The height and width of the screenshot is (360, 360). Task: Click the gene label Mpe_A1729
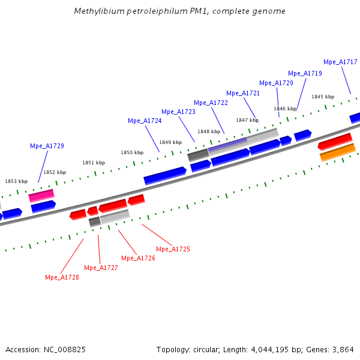pyautogui.click(x=47, y=146)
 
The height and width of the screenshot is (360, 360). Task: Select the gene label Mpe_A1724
pyautogui.click(x=145, y=121)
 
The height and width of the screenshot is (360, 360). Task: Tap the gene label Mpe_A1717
pyautogui.click(x=340, y=62)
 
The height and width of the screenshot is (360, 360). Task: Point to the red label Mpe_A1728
pyautogui.click(x=62, y=277)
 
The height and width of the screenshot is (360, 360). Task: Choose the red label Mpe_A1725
pyautogui.click(x=173, y=249)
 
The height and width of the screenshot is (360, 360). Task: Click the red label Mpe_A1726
pyautogui.click(x=138, y=258)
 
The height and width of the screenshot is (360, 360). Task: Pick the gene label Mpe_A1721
pyautogui.click(x=243, y=93)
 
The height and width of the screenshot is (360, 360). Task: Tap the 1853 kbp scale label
pyautogui.click(x=16, y=181)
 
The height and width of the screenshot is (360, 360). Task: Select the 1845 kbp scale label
pyautogui.click(x=322, y=97)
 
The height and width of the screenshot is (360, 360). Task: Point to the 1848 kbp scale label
pyautogui.click(x=209, y=131)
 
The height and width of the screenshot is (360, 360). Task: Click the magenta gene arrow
pyautogui.click(x=41, y=196)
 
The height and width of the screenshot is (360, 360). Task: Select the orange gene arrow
pyautogui.click(x=338, y=152)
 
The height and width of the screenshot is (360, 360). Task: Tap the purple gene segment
pyautogui.click(x=227, y=145)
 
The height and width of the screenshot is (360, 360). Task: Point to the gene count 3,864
pyautogui.click(x=343, y=349)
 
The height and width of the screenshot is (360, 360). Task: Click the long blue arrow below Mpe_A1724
pyautogui.click(x=165, y=175)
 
